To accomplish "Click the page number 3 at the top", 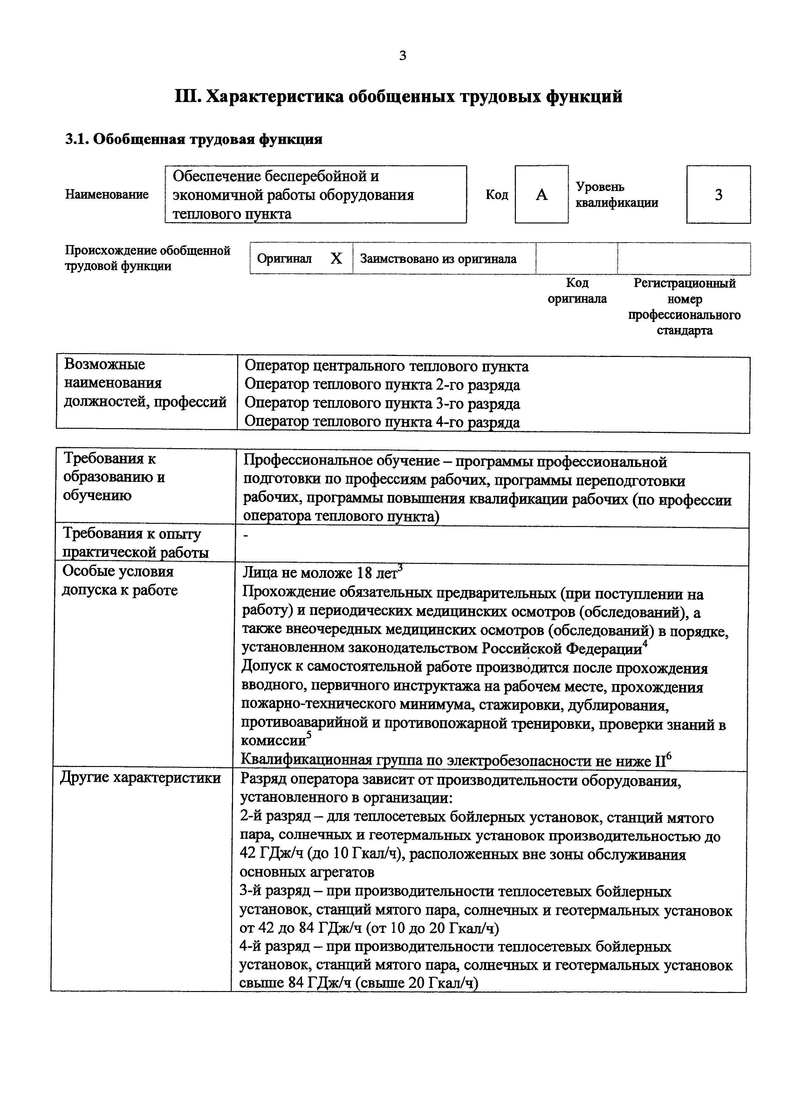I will pos(402,56).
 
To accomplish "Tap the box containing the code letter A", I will pos(541,194).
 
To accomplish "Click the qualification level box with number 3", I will pos(718,194).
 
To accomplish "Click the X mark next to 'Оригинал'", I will pos(336,259).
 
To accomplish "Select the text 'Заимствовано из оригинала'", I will pos(438,259).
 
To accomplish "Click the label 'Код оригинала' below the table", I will pos(577,291).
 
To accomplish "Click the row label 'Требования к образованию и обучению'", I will pos(114,477).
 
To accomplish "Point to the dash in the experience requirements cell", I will pos(246,536).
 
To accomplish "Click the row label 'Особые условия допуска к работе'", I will pos(120,581).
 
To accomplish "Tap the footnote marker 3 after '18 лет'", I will pos(400,567).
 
